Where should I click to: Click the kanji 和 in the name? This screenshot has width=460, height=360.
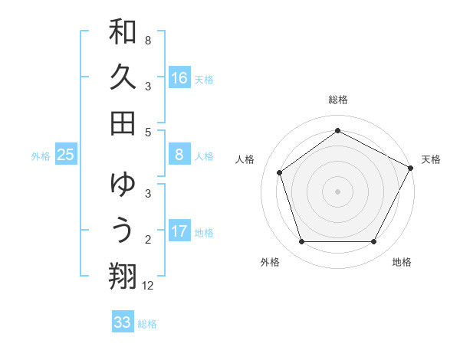(123, 33)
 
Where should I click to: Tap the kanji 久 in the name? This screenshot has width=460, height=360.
(123, 77)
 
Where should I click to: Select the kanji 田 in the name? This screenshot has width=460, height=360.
(123, 123)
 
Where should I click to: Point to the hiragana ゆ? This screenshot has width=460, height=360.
(123, 185)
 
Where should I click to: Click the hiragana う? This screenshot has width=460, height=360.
(123, 230)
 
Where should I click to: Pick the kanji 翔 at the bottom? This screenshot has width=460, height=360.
(123, 275)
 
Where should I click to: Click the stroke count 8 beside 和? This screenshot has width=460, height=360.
(148, 40)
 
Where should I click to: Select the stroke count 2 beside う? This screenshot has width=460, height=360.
(148, 239)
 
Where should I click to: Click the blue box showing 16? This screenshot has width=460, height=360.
(179, 77)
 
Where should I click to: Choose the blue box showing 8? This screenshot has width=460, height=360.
(179, 155)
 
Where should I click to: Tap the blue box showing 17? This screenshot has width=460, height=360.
(179, 231)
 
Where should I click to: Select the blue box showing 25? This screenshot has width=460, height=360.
(66, 155)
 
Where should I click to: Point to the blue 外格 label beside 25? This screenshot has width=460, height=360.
(41, 156)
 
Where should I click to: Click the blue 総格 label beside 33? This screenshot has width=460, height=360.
(147, 324)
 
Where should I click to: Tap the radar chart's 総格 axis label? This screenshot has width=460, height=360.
(337, 100)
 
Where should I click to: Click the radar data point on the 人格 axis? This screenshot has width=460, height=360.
(280, 172)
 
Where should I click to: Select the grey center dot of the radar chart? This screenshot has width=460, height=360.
(337, 191)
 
